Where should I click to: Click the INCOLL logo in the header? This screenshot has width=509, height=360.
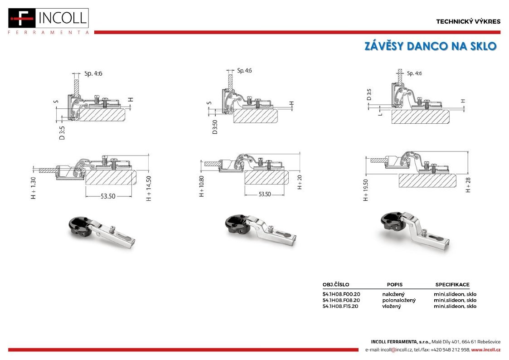coord(48,21)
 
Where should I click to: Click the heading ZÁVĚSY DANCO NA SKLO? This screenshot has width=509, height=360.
coord(431,46)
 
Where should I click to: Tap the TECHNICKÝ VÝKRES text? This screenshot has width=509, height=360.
coord(468,22)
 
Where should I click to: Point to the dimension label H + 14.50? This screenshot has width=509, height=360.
coord(149,188)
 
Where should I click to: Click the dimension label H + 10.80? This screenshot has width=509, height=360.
coord(201,186)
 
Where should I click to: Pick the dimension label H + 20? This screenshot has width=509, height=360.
coord(299,182)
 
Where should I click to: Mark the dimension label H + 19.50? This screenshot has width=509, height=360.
coord(366,190)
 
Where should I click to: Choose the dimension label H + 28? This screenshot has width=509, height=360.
coord(468,185)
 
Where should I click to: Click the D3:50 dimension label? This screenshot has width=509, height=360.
coord(214,127)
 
